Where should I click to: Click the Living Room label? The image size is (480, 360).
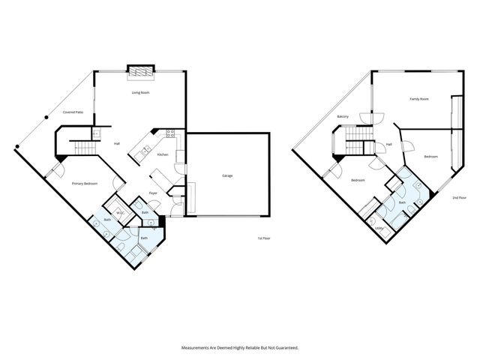140,92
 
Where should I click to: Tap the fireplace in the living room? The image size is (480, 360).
140,71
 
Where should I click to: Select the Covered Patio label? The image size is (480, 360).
73,112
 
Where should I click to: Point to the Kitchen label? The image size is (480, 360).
162,154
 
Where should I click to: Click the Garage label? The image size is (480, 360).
226,175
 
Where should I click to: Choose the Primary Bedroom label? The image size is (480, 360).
82,183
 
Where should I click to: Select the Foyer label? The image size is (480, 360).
152,193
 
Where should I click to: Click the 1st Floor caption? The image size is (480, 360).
262,238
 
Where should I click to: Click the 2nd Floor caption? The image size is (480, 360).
459,197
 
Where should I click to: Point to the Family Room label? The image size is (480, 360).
418,98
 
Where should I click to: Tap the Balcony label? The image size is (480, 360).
343,116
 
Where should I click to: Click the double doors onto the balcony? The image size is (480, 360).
371,116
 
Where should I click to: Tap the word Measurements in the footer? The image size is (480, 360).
197,347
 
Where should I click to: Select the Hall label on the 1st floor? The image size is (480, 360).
117,142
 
